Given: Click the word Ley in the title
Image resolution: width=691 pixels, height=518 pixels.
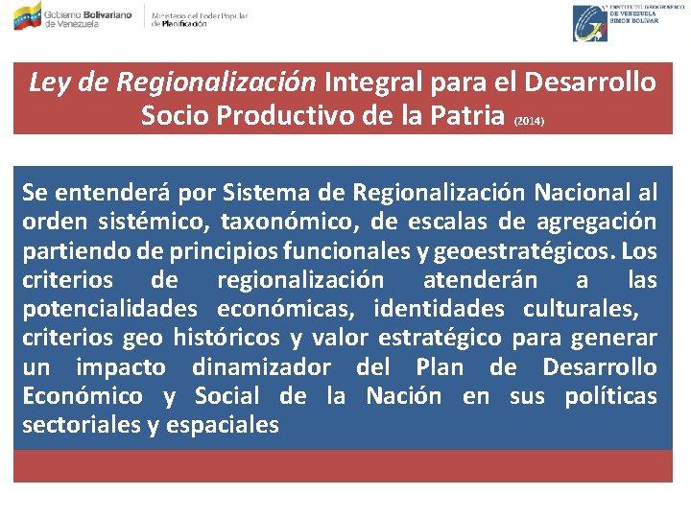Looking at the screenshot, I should (48, 83).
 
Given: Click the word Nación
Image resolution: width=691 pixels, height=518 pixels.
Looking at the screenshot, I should (404, 395).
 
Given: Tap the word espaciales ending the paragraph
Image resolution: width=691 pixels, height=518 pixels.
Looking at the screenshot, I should (224, 424).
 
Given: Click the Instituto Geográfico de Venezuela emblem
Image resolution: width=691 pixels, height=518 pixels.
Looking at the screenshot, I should (590, 22).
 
